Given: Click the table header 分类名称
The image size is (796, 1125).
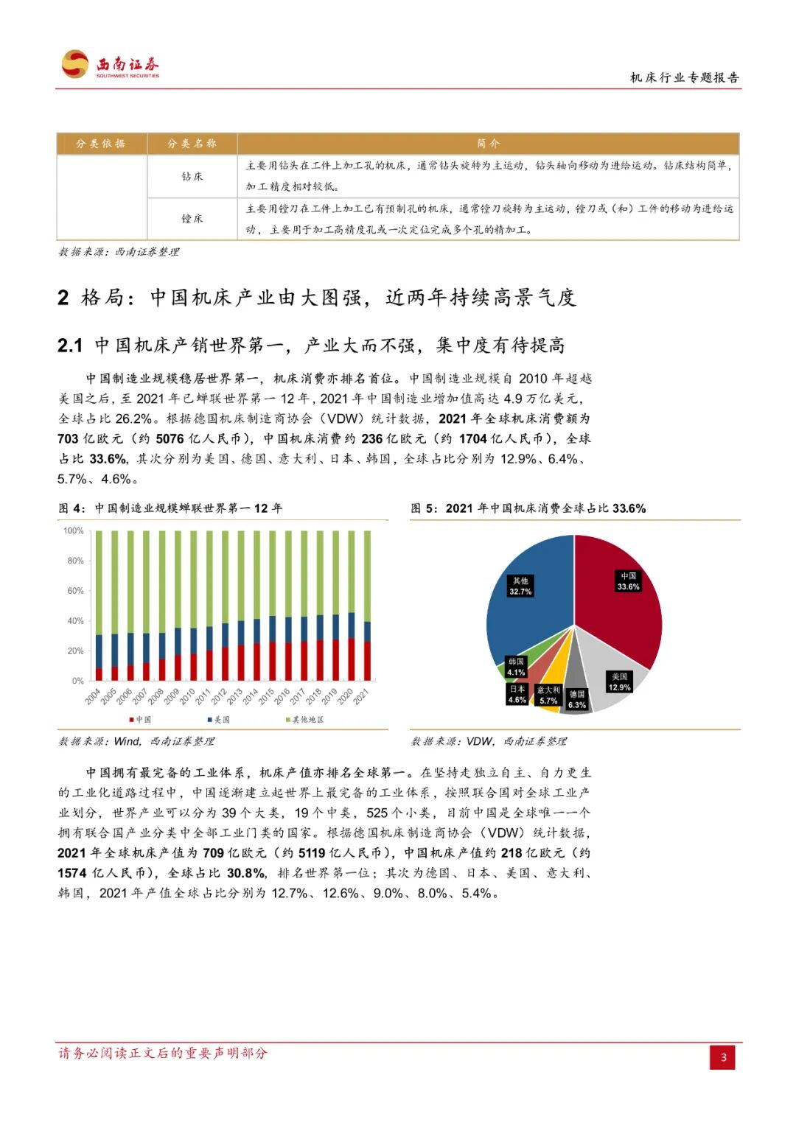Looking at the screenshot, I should (x=192, y=144).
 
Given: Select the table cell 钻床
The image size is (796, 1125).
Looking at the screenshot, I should (x=192, y=176).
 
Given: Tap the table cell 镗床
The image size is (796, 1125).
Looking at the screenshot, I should (x=192, y=219).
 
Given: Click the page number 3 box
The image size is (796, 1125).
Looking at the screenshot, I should (x=722, y=1057).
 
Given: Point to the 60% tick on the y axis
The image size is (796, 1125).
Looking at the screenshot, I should (x=75, y=591).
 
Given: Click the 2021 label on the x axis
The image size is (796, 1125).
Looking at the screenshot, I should (x=361, y=696).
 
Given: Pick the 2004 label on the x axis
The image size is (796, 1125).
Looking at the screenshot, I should (x=93, y=696).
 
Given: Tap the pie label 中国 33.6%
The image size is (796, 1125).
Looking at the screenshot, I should (x=628, y=581).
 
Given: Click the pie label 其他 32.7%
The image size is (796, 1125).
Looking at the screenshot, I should (x=520, y=586).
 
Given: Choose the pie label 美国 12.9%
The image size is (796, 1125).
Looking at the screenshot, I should (x=619, y=681).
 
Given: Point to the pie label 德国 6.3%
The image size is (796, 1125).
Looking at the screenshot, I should (x=577, y=699).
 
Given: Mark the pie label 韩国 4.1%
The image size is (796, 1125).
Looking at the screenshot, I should (x=516, y=667).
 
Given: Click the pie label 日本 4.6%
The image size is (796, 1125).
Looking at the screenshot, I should (x=517, y=694).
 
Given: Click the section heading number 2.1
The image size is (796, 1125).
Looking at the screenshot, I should (x=70, y=346).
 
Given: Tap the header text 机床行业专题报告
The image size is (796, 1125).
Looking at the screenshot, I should (x=684, y=77).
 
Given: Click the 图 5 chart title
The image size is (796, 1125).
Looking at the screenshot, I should (x=528, y=508).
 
